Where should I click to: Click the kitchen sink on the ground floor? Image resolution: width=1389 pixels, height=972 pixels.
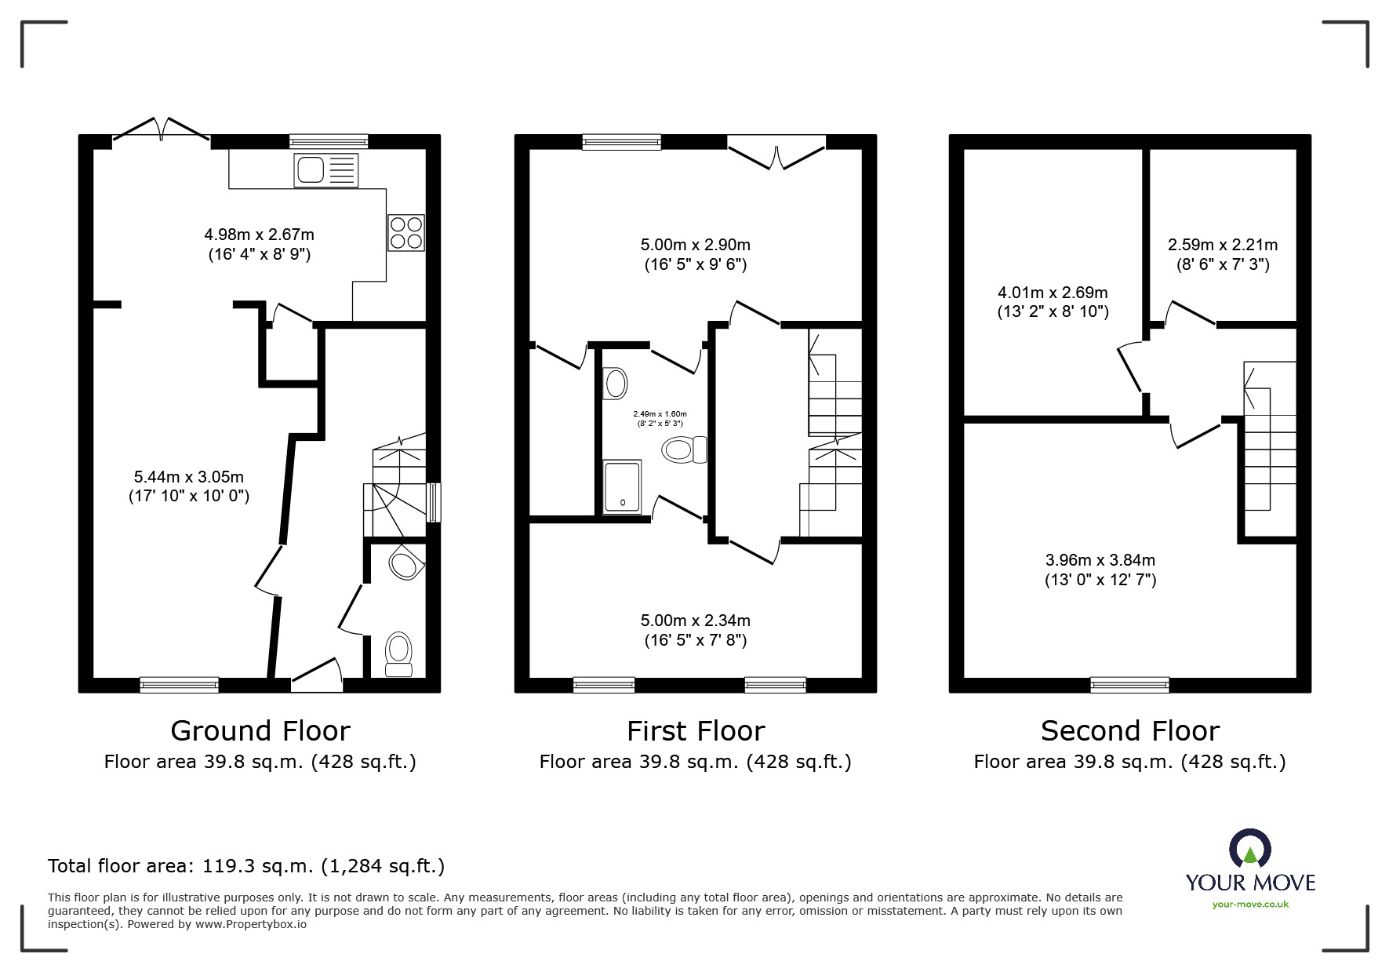point(325,170)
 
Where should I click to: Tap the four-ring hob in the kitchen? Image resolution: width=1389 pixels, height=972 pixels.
point(405,232)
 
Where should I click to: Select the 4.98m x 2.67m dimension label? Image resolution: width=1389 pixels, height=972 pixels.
point(259,244)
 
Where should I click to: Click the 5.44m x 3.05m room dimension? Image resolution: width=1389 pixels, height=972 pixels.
point(189,486)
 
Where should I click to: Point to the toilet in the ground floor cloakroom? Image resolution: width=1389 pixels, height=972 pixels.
point(398,653)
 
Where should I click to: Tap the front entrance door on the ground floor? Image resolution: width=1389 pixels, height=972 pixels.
point(317,675)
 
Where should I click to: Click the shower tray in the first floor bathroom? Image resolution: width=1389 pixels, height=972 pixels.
point(622,488)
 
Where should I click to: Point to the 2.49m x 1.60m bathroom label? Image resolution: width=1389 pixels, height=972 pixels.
point(660,418)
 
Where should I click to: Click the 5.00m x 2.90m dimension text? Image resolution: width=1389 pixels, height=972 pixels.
point(695,254)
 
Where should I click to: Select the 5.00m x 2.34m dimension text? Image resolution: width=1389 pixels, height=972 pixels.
point(695,630)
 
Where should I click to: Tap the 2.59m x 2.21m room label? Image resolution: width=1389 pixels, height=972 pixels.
point(1222,254)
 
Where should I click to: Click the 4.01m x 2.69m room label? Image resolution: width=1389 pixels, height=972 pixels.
point(1053,302)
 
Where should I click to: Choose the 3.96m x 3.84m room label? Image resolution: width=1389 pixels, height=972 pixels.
point(1100,570)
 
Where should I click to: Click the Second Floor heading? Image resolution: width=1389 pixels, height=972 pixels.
point(1129,730)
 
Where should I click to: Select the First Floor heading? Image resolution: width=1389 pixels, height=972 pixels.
point(695,730)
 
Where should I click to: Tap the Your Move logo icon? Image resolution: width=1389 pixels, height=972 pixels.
point(1249,850)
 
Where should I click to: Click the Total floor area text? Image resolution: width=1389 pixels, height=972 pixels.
point(246,866)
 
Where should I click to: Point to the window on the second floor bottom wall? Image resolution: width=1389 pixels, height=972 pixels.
point(1129,685)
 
